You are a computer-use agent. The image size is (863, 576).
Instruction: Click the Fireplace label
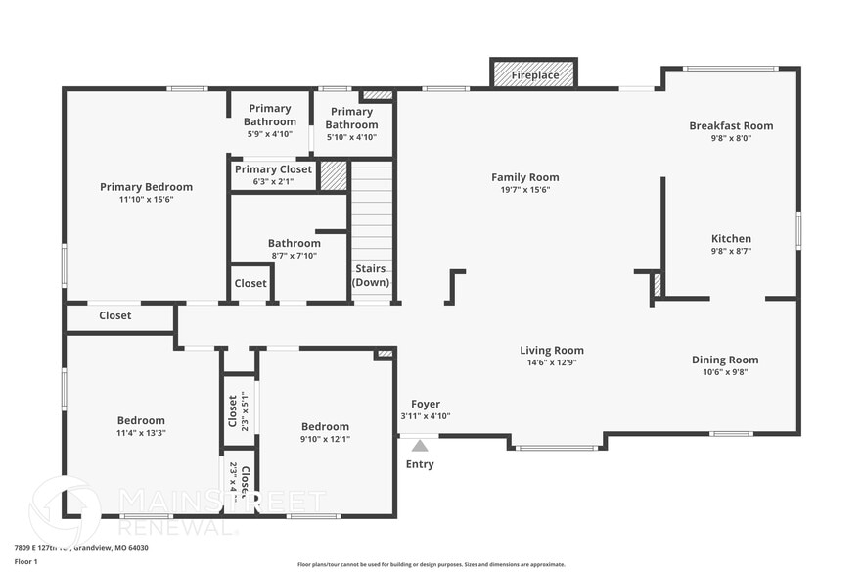click(x=534, y=74)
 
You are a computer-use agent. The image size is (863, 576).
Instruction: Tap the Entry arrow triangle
click(x=420, y=446)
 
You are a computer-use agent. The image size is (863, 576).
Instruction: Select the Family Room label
click(x=525, y=177)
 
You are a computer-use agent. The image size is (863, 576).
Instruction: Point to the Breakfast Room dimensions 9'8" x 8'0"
click(x=731, y=138)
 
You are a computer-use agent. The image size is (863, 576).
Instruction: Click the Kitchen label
click(x=731, y=238)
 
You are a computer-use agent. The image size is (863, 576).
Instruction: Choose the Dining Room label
click(x=725, y=360)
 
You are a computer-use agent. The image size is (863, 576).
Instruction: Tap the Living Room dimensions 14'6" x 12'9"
click(x=552, y=362)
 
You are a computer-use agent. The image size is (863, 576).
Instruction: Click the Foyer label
click(x=425, y=404)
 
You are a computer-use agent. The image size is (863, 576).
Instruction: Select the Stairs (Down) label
click(x=371, y=275)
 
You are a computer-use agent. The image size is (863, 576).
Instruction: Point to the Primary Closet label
click(x=273, y=169)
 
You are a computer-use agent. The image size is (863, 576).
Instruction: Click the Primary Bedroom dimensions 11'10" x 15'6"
click(x=146, y=199)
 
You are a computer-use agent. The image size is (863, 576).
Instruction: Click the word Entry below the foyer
click(x=420, y=464)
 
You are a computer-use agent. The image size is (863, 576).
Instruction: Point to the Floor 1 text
click(x=25, y=561)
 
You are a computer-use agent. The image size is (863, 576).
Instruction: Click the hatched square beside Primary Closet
click(x=334, y=176)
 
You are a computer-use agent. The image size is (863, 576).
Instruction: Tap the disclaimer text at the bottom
click(x=431, y=564)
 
